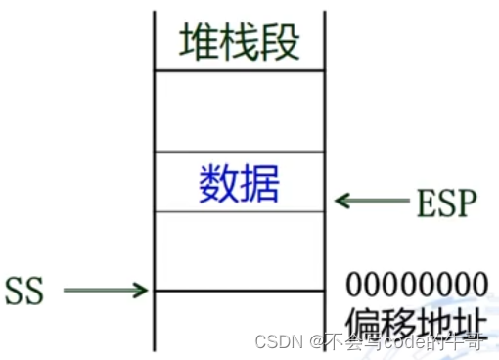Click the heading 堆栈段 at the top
[239, 42]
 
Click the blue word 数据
[239, 183]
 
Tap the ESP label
[446, 202]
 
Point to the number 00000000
[417, 285]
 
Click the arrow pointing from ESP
[371, 202]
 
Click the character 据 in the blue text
[259, 183]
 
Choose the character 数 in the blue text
[218, 183]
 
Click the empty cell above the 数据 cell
[239, 111]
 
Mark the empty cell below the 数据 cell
[239, 250]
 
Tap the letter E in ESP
[425, 202]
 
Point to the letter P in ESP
[467, 202]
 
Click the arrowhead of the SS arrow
[142, 290]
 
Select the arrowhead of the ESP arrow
[340, 202]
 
